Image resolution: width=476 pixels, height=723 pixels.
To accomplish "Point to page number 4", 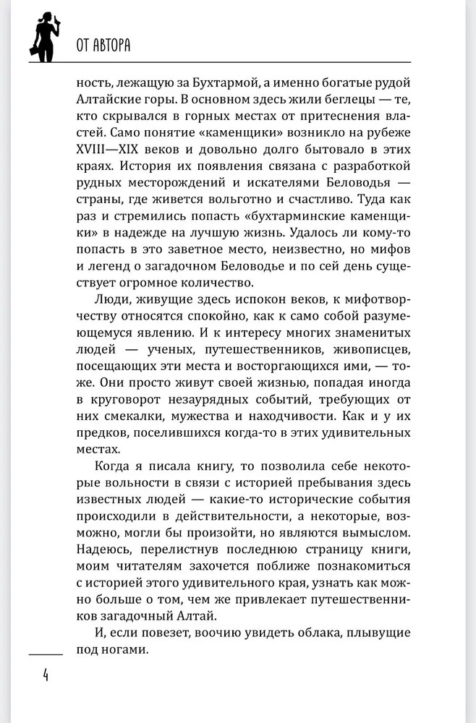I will (x=45, y=675).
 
